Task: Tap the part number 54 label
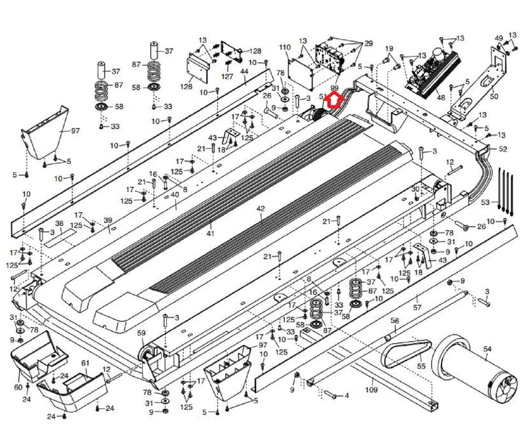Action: point(487,348)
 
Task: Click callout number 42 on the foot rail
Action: point(260,209)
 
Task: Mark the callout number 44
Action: point(244,72)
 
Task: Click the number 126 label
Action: point(186,86)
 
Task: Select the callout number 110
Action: point(284,48)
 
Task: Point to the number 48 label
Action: point(441,98)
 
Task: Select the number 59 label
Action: point(141,333)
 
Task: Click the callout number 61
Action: point(85,363)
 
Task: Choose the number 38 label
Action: point(59,223)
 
